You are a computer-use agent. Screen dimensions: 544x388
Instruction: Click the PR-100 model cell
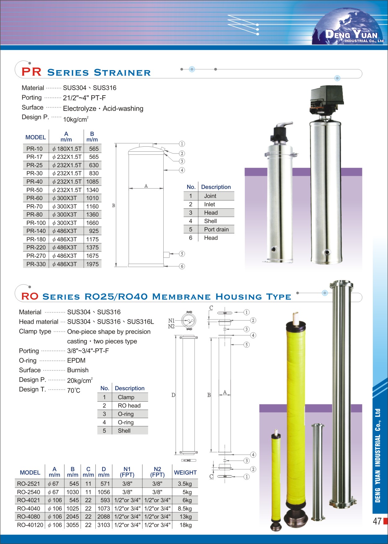click(x=36, y=223)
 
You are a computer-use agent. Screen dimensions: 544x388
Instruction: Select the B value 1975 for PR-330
click(x=92, y=264)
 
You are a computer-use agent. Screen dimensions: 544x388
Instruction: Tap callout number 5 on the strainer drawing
click(x=182, y=254)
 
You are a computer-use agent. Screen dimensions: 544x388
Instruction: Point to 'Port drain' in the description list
click(x=216, y=230)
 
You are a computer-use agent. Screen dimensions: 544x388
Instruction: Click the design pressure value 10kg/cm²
click(x=76, y=119)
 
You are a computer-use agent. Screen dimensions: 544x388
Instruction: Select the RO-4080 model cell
click(x=29, y=517)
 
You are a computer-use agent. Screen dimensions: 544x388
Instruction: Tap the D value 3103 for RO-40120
click(x=104, y=525)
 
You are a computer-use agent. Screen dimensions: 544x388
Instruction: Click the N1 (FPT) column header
click(x=127, y=472)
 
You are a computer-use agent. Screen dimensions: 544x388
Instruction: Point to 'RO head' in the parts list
click(x=129, y=406)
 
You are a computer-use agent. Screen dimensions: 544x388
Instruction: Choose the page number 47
click(x=377, y=521)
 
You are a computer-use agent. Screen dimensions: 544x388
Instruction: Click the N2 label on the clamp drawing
click(x=171, y=326)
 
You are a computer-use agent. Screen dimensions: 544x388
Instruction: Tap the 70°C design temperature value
click(x=73, y=390)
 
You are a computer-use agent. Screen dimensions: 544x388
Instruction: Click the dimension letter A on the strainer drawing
click(x=146, y=186)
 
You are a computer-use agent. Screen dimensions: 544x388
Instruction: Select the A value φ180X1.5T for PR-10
click(x=67, y=149)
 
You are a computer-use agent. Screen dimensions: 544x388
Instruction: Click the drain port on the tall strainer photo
click(x=327, y=252)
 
